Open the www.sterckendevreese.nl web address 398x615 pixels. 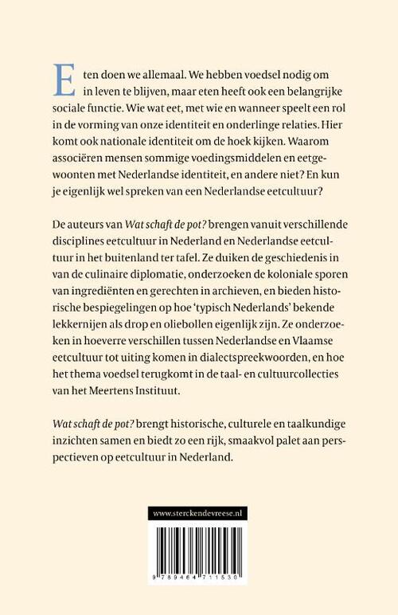coord(198,514)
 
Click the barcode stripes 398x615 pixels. coord(198,550)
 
